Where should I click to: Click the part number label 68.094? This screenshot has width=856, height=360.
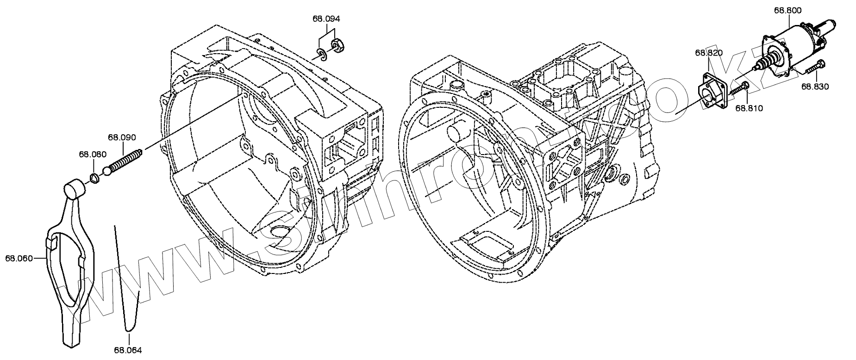coord(326,19)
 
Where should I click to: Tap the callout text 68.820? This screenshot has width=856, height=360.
coord(708,53)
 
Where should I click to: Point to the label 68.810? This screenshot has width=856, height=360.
coord(749,108)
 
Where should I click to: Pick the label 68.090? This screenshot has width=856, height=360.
coord(122,137)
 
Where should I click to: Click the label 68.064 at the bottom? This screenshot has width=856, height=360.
coord(128,350)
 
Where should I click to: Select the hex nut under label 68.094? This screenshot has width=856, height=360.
coord(337,45)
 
